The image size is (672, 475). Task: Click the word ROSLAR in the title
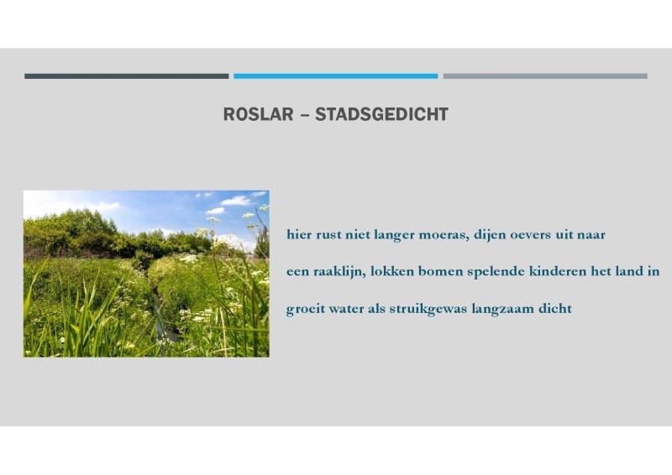click(x=259, y=114)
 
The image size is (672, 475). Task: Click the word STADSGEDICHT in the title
click(x=382, y=114)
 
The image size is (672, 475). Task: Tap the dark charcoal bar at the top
click(x=127, y=76)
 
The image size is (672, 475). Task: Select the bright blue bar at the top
click(x=335, y=76)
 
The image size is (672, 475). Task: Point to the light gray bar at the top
click(x=545, y=76)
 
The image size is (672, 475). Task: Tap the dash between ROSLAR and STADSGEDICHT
click(x=304, y=115)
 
